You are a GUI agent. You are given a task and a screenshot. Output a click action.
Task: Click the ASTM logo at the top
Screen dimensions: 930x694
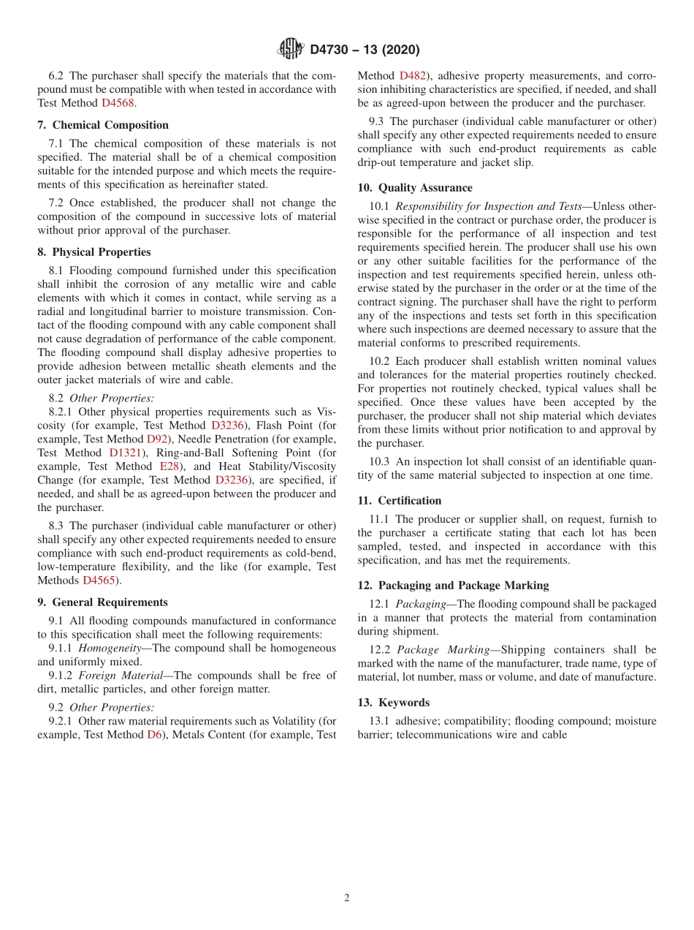[291, 49]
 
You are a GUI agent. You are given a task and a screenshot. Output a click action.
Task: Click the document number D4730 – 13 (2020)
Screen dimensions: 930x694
[365, 50]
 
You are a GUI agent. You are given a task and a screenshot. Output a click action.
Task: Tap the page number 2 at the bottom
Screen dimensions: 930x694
[347, 898]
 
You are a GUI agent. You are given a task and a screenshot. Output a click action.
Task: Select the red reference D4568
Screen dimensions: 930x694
[118, 103]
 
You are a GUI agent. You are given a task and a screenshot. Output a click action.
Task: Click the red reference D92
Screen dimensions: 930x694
[157, 439]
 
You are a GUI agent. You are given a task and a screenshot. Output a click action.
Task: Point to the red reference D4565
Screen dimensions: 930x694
[99, 581]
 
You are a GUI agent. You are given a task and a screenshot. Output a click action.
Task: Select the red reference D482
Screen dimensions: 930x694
[413, 75]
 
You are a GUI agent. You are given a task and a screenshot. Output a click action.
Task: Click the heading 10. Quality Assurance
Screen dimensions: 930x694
[415, 188]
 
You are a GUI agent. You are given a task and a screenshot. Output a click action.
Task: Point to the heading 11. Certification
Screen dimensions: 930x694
[400, 501]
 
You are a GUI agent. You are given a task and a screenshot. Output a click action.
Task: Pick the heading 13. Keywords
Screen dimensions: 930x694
[394, 703]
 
